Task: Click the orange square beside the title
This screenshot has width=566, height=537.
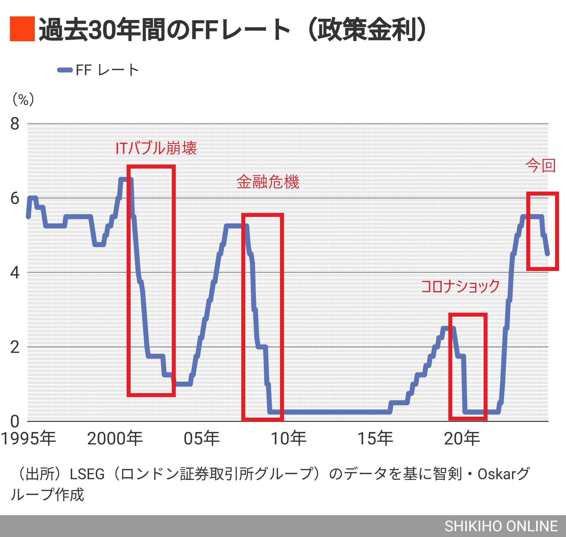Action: tap(22, 29)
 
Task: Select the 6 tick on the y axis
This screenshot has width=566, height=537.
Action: tap(15, 198)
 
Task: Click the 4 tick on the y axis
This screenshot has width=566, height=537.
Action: tap(15, 272)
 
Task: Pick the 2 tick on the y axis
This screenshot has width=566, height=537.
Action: tap(15, 347)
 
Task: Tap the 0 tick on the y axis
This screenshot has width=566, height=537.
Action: tap(15, 421)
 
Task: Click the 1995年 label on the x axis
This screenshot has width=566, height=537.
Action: tap(28, 438)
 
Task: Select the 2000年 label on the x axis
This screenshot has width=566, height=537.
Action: tap(115, 438)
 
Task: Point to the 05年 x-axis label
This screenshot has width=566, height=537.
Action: tap(202, 438)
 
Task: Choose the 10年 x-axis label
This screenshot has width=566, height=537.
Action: tap(288, 438)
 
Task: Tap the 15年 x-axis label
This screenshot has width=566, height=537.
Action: tap(375, 438)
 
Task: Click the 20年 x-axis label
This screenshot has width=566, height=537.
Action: tap(462, 438)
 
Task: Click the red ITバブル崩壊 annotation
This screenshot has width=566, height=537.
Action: tap(156, 149)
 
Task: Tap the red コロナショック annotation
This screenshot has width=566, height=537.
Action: tap(460, 286)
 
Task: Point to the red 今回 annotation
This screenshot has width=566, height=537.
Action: tap(540, 166)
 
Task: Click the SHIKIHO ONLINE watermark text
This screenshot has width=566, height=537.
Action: tap(501, 526)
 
